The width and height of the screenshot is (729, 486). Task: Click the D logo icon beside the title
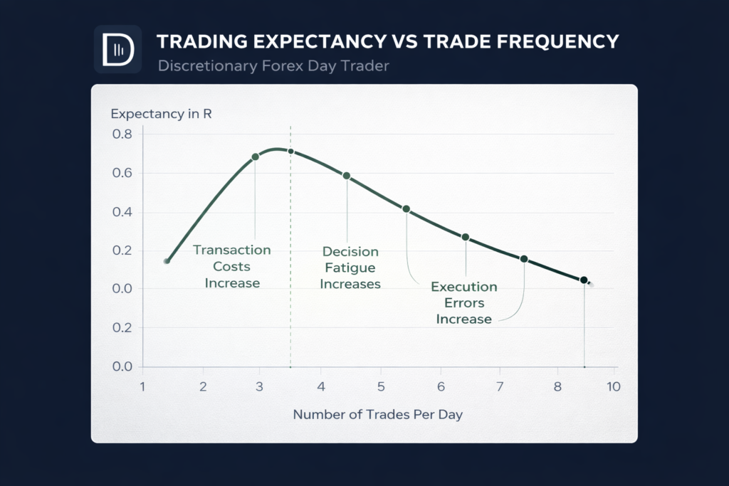coord(117,50)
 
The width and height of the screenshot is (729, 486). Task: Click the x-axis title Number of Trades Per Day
coord(377,415)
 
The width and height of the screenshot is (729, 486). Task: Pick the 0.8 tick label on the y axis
coord(122,134)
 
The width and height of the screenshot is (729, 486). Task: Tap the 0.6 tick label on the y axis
coord(122,174)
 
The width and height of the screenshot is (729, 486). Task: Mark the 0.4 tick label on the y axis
coord(122,212)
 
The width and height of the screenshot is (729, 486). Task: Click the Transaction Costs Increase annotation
coord(232,266)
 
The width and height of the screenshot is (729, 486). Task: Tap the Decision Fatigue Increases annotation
coord(350,268)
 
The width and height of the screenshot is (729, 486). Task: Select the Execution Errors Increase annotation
coord(464,303)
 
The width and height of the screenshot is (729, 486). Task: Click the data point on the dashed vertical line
coord(290,152)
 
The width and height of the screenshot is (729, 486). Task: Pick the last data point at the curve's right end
coord(584,280)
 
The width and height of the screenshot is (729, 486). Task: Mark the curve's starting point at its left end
coord(167,261)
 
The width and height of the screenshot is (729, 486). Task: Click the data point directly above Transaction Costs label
coord(256,157)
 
